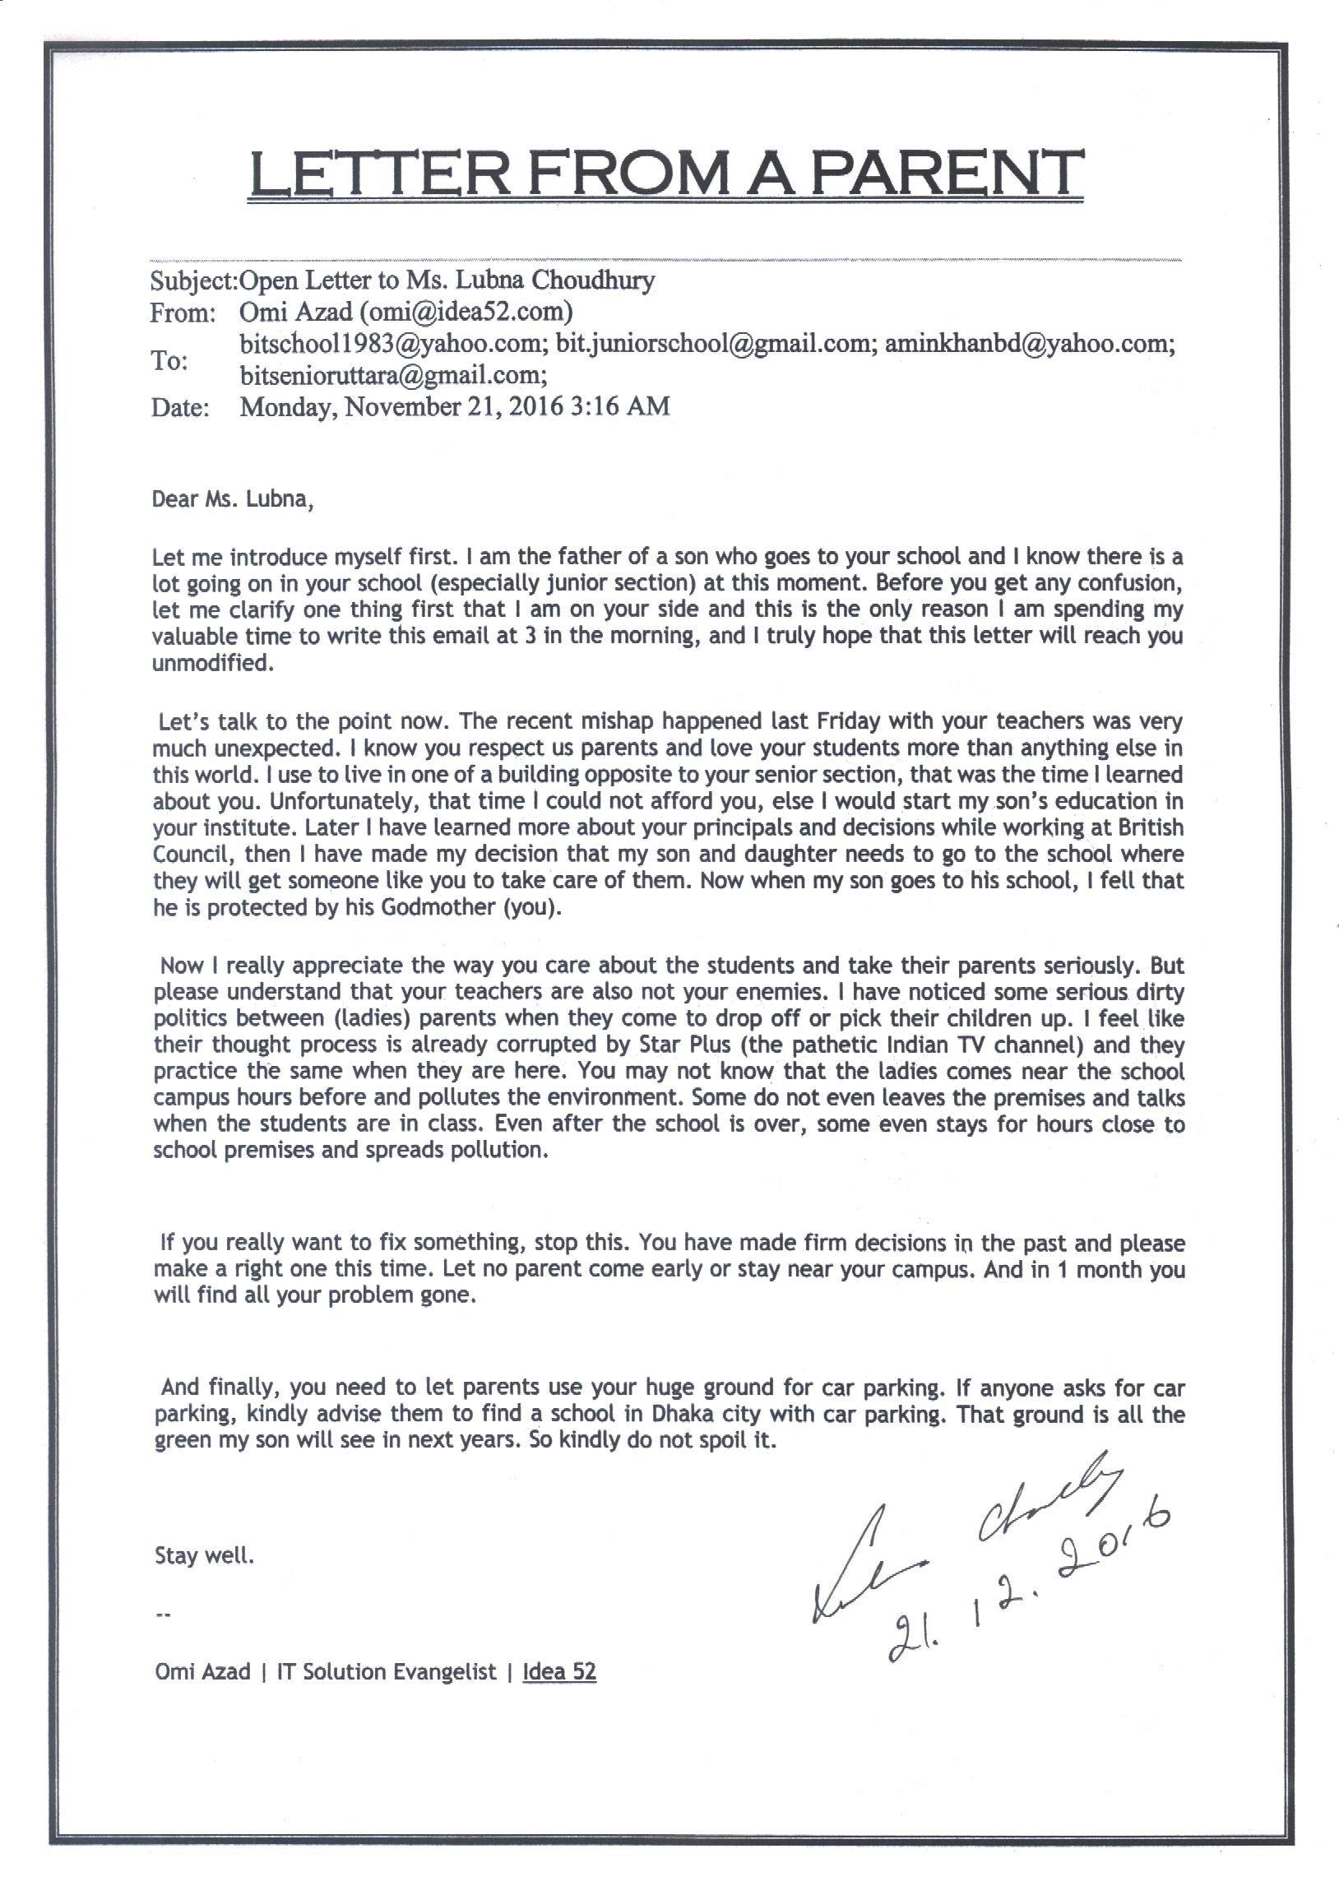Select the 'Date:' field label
click(x=180, y=408)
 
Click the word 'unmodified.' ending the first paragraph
click(x=212, y=663)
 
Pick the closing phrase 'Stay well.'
click(x=204, y=1556)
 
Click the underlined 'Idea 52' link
click(x=559, y=1671)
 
